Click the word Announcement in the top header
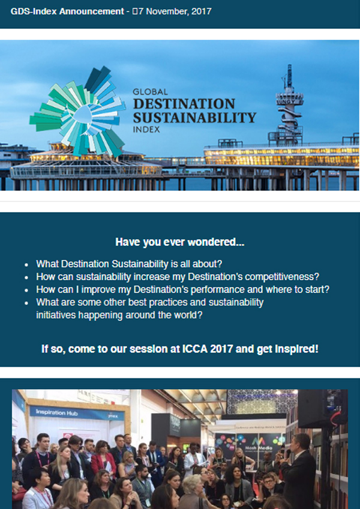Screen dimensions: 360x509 [91, 11]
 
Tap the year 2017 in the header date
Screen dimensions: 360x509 [202, 11]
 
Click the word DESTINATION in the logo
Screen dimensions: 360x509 [184, 104]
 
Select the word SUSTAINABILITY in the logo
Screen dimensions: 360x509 [194, 118]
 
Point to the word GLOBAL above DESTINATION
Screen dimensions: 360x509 [150, 92]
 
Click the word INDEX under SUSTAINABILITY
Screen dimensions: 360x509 [146, 129]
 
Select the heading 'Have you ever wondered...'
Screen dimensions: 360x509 [179, 242]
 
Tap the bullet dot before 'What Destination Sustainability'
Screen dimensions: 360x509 [26, 264]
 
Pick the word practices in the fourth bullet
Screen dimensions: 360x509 [169, 303]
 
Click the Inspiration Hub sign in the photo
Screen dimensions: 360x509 [77, 413]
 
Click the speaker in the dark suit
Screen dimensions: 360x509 [298, 471]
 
